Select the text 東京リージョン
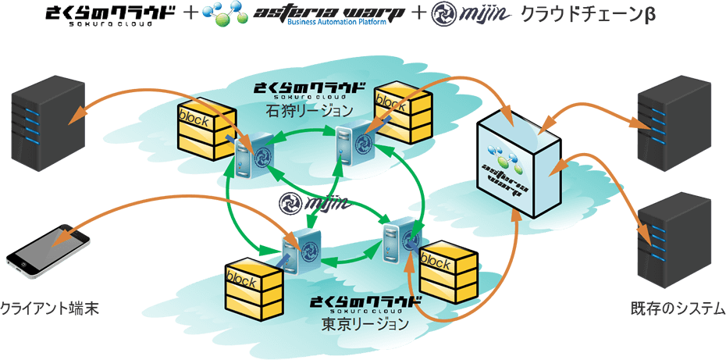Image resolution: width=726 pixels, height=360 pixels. coord(365,322)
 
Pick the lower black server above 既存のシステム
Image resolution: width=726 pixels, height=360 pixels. coord(674,238)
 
